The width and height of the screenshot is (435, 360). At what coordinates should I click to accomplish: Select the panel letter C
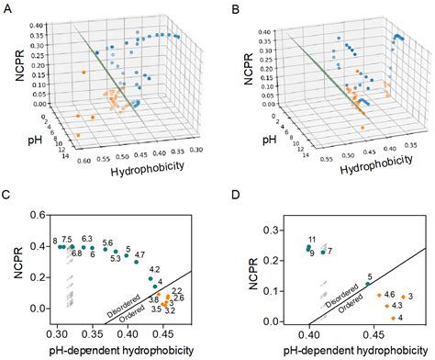pyautogui.click(x=7, y=196)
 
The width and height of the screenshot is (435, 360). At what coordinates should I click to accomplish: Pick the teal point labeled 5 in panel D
pyautogui.click(x=366, y=284)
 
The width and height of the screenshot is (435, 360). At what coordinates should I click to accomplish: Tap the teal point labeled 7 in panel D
pyautogui.click(x=323, y=251)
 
